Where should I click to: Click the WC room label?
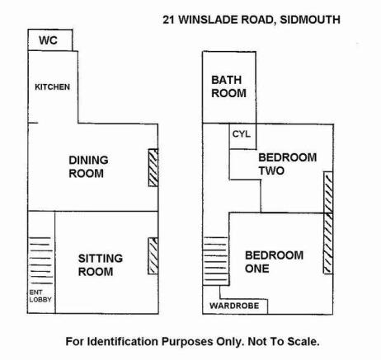tap(48, 40)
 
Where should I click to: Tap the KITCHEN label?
tap(52, 87)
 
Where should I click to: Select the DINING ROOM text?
tap(88, 166)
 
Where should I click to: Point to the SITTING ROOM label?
tap(101, 265)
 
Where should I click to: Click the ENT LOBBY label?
tap(40, 296)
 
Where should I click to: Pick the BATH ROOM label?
tap(228, 86)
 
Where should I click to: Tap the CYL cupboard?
tap(242, 134)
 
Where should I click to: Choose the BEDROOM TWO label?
tap(288, 164)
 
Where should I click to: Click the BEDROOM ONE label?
tap(274, 262)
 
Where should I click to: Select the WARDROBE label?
tap(234, 306)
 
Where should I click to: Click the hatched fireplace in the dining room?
tap(153, 167)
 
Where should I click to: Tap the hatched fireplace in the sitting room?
tap(153, 256)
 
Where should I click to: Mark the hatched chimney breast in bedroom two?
tap(328, 192)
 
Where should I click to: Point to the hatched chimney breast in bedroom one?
tap(328, 243)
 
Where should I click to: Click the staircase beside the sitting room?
tap(40, 260)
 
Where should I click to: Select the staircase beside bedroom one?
tap(215, 261)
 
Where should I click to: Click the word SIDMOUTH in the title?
tap(310, 20)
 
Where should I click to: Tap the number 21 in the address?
tap(169, 20)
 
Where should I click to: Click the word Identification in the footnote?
tap(123, 342)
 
